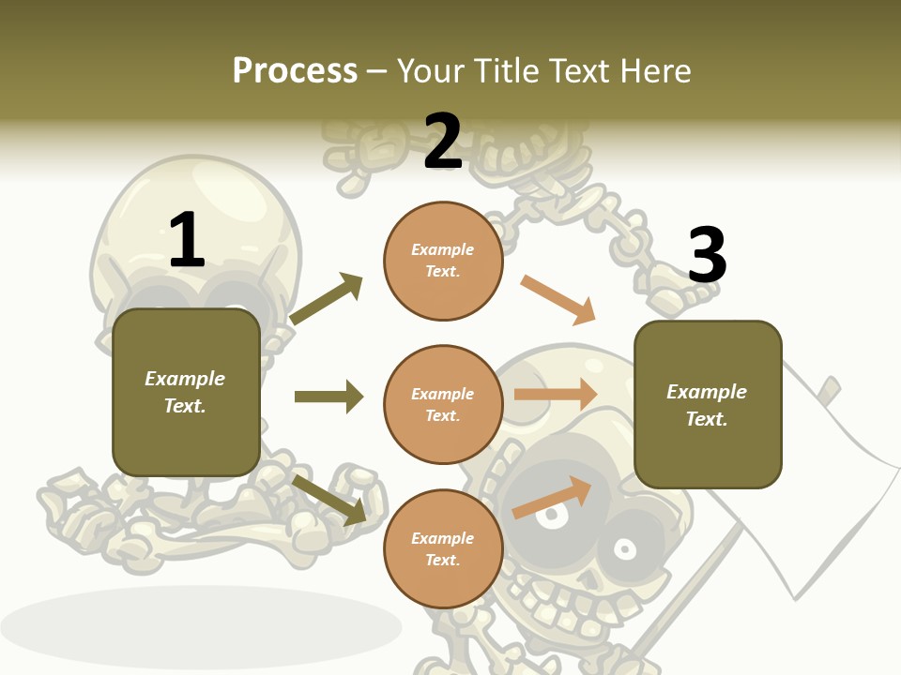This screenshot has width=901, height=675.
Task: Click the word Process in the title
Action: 295,70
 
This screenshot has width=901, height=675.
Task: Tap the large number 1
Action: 187,240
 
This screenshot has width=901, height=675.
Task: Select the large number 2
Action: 443,142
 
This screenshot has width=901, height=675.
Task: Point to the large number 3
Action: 707,255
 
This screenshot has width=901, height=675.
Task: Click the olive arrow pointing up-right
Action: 327,298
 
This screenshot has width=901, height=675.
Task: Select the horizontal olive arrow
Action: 328,397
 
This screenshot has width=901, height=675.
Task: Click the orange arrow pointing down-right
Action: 558,300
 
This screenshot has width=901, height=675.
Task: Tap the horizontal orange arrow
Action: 556,394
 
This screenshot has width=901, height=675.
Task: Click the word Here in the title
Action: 654,70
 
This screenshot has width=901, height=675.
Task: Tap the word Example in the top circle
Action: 443,249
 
